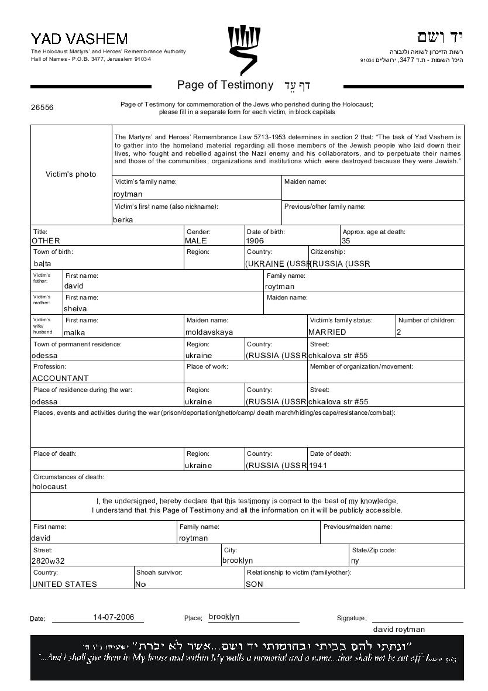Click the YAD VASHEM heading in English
tap(79, 39)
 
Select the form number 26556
tap(42, 108)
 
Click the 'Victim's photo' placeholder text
tap(71, 174)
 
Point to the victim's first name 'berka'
tap(123, 220)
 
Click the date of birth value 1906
tap(255, 240)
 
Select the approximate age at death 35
tap(346, 240)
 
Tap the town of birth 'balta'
tap(43, 264)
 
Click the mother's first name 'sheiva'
tap(75, 309)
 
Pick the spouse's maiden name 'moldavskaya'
tap(209, 332)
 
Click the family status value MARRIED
tap(327, 332)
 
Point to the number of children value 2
tap(399, 332)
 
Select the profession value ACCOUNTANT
tap(60, 379)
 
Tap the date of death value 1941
tap(318, 466)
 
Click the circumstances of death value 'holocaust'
tap(50, 487)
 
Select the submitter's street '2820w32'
tap(48, 561)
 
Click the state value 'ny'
tap(355, 561)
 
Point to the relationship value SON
tap(255, 584)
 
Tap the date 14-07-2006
tap(118, 617)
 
